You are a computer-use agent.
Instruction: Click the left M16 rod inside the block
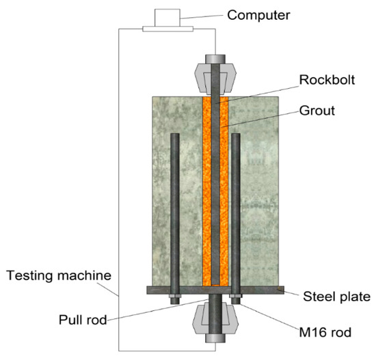pos(176,205)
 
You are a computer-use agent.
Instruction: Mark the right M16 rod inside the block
pos(236,205)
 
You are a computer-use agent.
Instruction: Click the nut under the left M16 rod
pos(176,298)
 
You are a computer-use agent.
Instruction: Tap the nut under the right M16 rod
pos(237,298)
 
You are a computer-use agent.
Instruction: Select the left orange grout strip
pos(207,191)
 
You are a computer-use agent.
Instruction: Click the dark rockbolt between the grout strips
pos(217,191)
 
